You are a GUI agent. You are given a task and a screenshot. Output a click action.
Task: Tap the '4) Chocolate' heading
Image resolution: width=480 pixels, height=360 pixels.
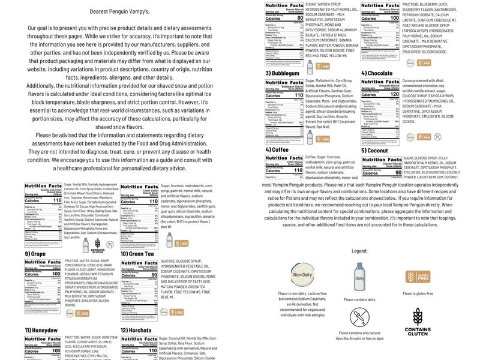tap(377, 73)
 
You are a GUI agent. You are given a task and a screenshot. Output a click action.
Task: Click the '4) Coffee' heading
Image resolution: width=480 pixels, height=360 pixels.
tap(277, 150)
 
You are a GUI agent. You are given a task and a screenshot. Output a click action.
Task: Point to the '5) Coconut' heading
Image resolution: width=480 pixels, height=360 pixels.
tap(374, 150)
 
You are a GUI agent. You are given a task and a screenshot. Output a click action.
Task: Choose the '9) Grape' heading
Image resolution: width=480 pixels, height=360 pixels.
tap(36, 254)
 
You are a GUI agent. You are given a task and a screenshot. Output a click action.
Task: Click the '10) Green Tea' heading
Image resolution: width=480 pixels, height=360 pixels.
tap(137, 254)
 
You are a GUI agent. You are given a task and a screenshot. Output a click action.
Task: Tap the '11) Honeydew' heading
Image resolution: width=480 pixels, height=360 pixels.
tap(40, 330)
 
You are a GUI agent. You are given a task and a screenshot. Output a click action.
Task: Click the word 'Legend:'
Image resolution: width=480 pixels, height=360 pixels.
tap(359, 251)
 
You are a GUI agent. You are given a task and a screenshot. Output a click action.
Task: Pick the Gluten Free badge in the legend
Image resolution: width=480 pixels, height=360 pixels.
tap(418, 277)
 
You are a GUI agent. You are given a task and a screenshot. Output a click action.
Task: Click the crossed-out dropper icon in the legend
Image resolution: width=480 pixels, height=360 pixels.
tap(359, 317)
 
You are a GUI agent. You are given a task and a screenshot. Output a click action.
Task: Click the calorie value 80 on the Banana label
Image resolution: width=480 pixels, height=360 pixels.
tap(299, 18)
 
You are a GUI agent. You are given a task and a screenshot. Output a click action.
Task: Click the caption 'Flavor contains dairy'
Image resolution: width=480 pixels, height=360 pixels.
tap(359, 299)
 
